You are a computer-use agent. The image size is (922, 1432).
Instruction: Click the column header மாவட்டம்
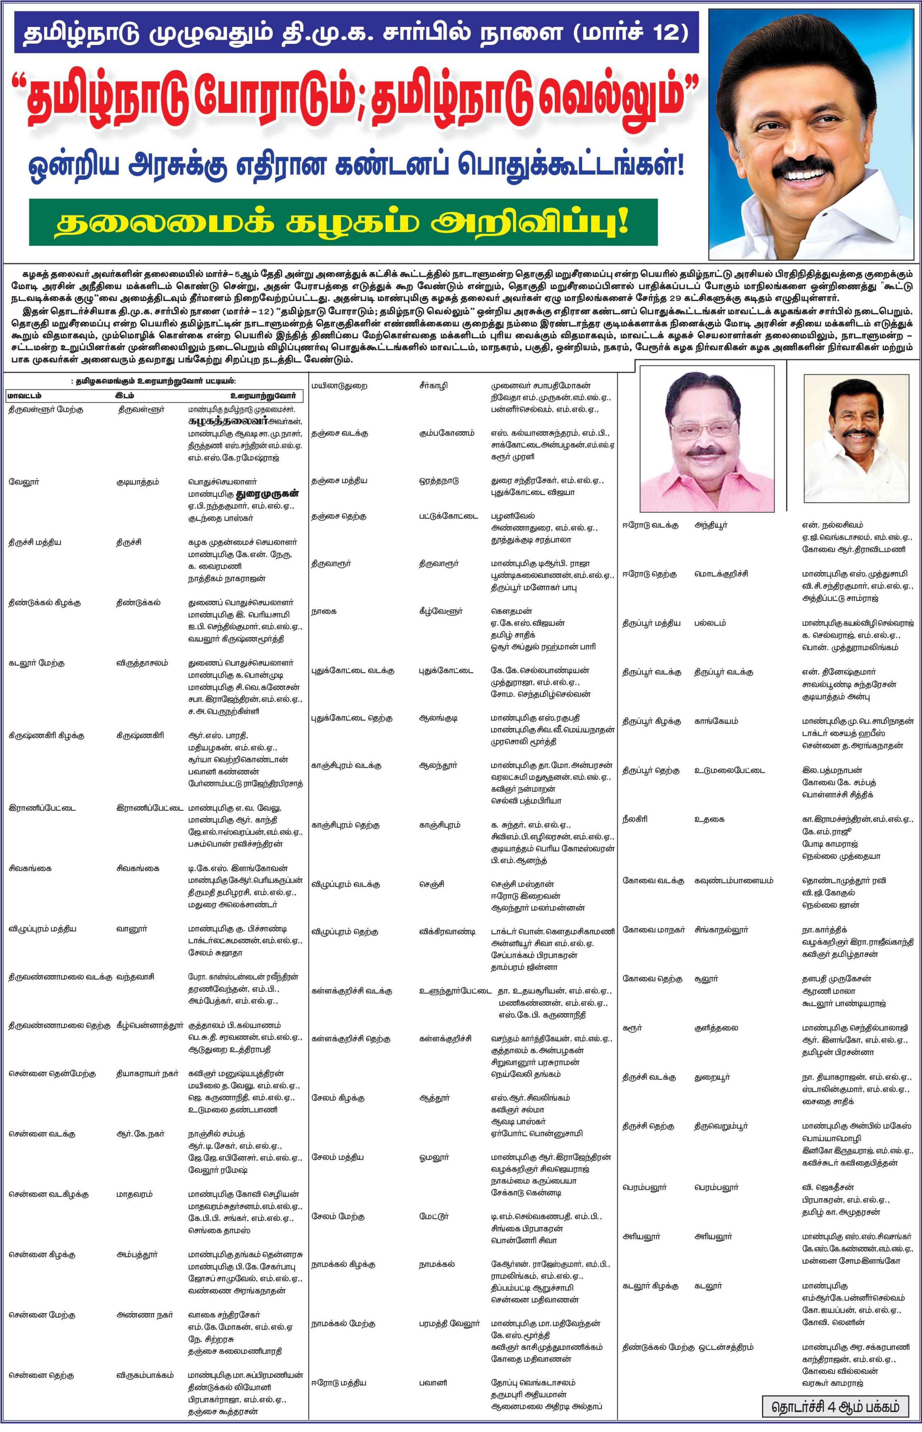coord(24,396)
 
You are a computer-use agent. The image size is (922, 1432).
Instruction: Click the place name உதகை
coord(709,819)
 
